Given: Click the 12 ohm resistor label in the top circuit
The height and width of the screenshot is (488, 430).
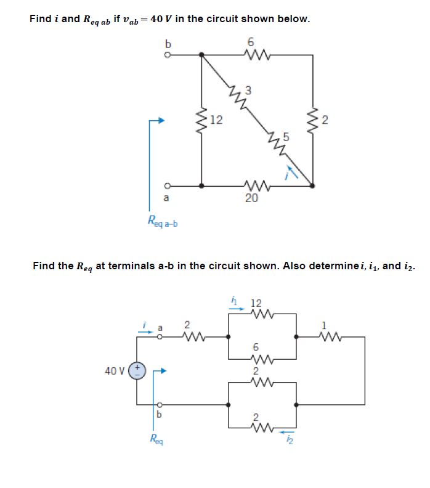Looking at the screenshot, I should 216,119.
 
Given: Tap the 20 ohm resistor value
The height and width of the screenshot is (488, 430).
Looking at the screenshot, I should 251,198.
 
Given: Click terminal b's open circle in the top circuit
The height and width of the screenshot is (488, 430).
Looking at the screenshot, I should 166,54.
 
